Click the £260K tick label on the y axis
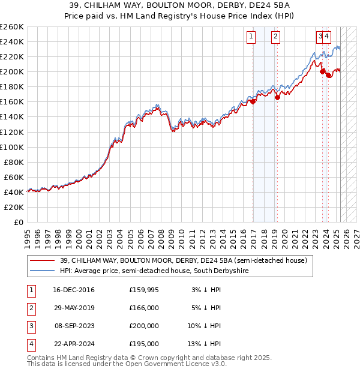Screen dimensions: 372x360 pos(12,26)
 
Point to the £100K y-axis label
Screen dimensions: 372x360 pos(12,147)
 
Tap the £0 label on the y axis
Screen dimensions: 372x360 pos(19,223)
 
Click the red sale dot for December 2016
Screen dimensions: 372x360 pos(253,101)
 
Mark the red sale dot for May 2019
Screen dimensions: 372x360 pos(278,97)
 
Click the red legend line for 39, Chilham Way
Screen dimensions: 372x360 pos(42,261)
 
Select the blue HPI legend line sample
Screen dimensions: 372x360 pos(42,271)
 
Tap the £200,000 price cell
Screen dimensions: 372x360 pos(144,326)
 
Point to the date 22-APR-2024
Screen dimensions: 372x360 pos(74,344)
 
